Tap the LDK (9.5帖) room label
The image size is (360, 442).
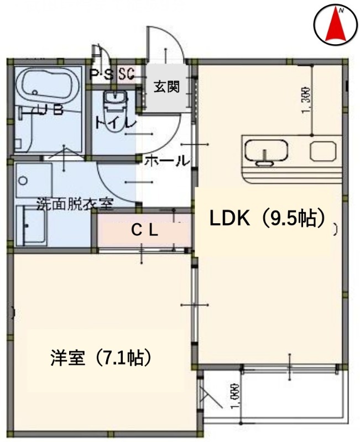pos(266,219)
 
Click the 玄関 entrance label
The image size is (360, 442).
pos(166,87)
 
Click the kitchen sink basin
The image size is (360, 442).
pos(267,151)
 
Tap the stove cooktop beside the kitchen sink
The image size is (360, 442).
pos(322,150)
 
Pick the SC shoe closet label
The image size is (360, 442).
pos(126,73)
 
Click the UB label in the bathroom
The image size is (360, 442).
pos(44,110)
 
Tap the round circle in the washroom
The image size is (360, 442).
pos(23,180)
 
